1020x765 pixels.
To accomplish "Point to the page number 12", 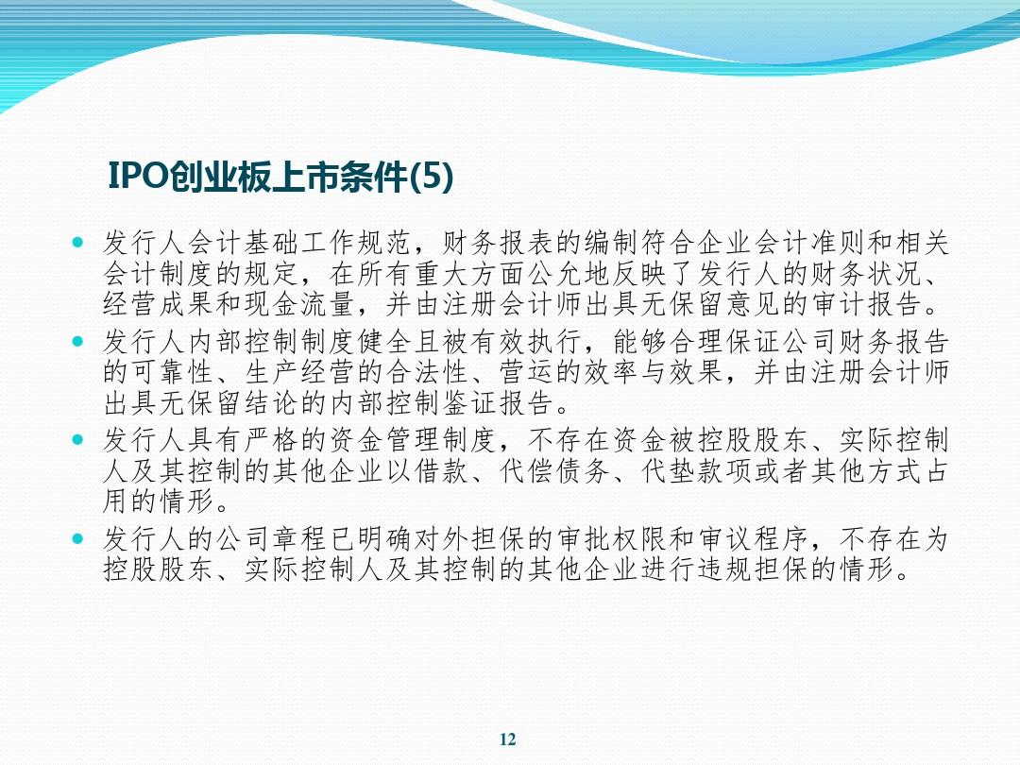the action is pos(508,739).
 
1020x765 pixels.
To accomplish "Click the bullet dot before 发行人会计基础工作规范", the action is pos(78,243).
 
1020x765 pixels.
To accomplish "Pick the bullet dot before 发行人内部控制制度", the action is pos(78,341).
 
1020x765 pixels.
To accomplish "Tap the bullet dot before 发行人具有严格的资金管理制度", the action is pos(78,440).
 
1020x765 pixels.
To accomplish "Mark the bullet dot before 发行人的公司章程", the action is pos(78,538).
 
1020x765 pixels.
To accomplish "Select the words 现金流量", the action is pos(273,304).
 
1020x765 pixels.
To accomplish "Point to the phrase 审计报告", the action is pos(866,304).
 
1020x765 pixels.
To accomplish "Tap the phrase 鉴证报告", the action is pos(499,403).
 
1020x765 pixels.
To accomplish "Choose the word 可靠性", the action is pos(174,372).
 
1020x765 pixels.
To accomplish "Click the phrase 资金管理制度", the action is pos(414,440).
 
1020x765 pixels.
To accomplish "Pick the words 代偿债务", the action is pos(555,471).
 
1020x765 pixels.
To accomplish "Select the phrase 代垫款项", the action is pos(697,471).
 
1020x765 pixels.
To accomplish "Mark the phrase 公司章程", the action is pos(273,539).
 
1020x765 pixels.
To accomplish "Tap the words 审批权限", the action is pos(612,539).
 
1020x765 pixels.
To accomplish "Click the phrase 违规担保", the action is pos(754,569).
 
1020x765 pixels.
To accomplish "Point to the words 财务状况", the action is pos(866,274).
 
